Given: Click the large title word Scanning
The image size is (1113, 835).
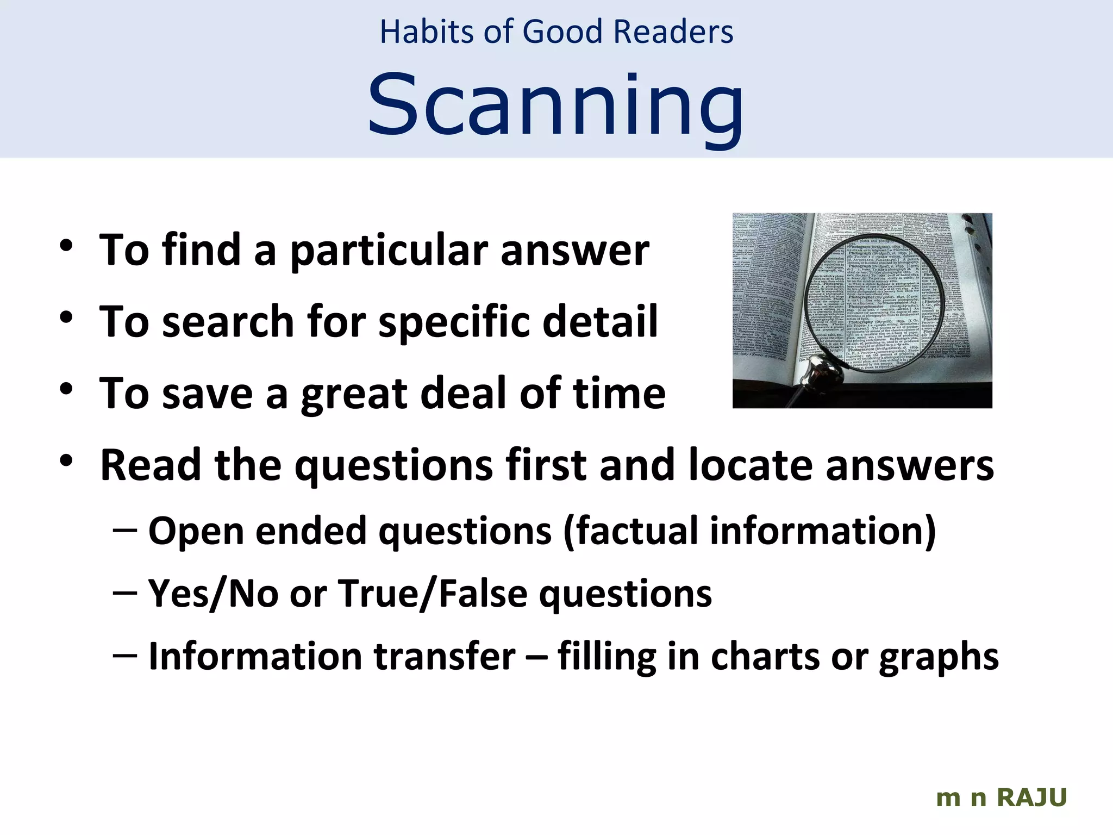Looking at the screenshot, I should coord(555,106).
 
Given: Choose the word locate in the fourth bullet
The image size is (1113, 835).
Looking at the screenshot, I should coord(750,465).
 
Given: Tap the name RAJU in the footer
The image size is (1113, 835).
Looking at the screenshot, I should coord(1031,798).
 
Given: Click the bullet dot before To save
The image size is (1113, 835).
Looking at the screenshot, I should coord(66,389).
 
